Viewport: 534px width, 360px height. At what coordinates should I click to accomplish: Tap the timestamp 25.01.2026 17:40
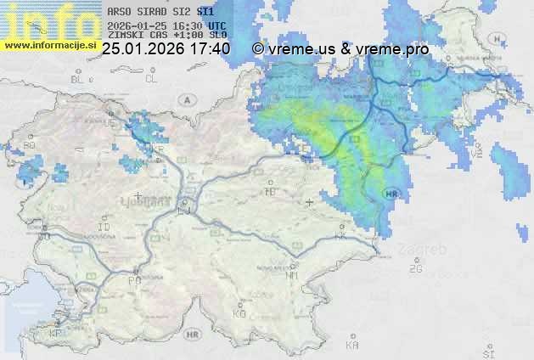click(166, 49)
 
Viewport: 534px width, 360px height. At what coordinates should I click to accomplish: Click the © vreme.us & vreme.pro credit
click(340, 49)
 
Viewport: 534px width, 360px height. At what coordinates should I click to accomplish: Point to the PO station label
click(133, 279)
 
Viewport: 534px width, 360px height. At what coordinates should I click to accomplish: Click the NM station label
click(292, 275)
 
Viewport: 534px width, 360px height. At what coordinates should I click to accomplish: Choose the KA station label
click(351, 345)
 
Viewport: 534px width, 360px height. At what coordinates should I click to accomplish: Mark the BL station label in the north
click(79, 79)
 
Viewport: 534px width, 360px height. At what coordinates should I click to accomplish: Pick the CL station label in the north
click(151, 79)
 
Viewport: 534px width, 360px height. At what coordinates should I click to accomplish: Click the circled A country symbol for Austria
click(186, 99)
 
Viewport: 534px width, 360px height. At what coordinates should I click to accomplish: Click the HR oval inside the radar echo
click(391, 194)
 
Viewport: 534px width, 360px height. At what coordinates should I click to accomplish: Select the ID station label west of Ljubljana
click(104, 228)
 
